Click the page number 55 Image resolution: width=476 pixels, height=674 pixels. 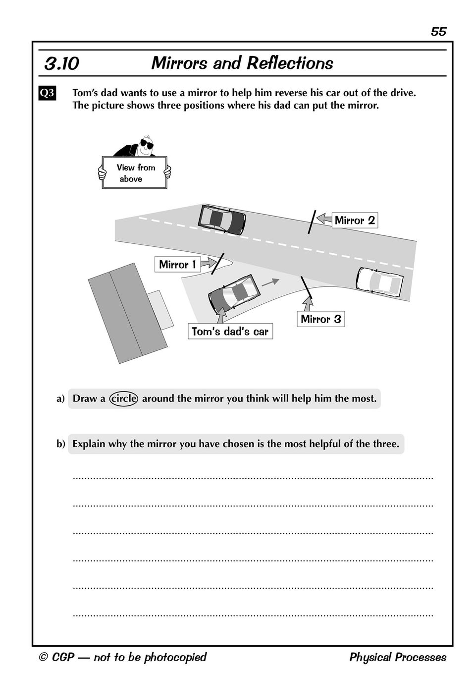(x=438, y=32)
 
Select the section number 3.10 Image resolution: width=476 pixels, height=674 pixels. (x=61, y=64)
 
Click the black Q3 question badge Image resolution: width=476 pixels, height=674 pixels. (x=47, y=93)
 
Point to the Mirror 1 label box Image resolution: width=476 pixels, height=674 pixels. (x=177, y=265)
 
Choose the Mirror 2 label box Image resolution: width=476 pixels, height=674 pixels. (x=355, y=221)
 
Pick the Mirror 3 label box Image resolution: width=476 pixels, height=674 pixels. (x=320, y=319)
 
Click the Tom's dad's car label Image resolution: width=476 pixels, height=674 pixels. (x=230, y=332)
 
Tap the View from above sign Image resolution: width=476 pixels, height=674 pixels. (x=135, y=173)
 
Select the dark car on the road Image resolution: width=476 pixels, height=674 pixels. (x=222, y=219)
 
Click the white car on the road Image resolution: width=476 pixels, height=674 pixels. (x=380, y=282)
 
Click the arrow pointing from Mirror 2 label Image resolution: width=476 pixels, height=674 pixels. (x=324, y=218)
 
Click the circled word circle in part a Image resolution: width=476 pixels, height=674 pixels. (x=124, y=398)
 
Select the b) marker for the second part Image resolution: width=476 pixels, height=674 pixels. (x=60, y=444)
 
